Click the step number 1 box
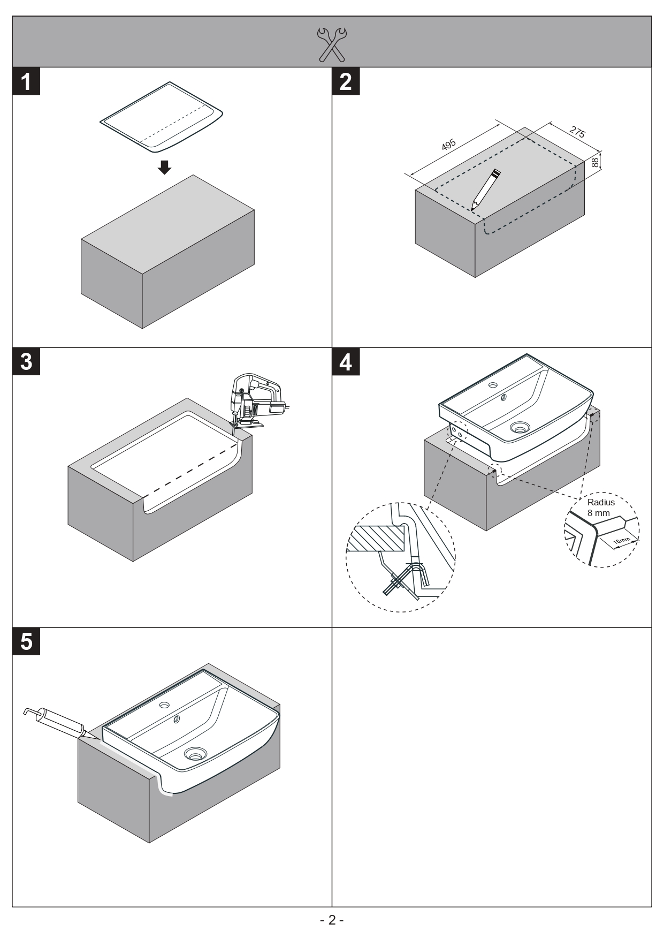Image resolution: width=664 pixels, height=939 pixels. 26,81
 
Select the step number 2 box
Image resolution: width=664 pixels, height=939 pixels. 346,81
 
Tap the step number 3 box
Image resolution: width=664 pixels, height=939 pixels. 26,362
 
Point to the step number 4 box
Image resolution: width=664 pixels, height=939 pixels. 346,362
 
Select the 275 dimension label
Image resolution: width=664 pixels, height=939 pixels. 576,132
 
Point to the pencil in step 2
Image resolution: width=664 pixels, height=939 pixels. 485,190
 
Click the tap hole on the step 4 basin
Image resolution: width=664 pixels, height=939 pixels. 493,384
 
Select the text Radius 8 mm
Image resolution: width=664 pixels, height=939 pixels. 600,508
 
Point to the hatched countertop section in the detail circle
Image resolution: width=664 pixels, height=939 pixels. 375,538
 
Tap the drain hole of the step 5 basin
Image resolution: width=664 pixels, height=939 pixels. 194,755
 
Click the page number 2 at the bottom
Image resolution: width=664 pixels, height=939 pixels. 332,920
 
